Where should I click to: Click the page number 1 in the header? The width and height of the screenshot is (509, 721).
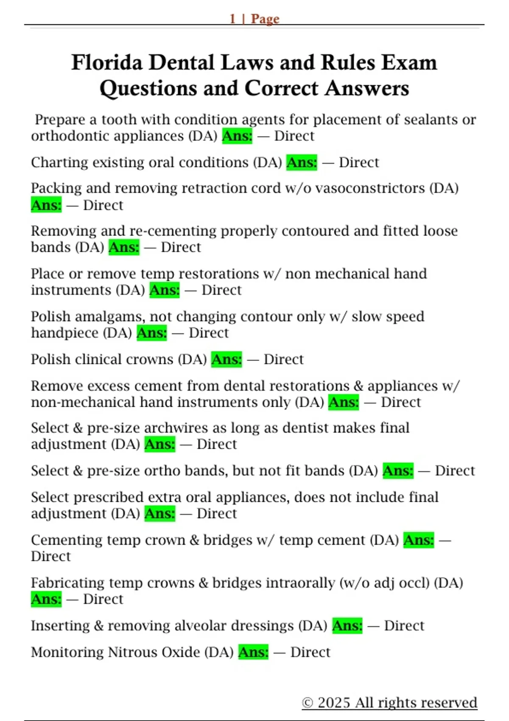pyautogui.click(x=232, y=19)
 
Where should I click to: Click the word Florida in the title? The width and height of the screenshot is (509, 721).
pyautogui.click(x=107, y=63)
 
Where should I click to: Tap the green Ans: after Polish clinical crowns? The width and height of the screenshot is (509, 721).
pyautogui.click(x=227, y=359)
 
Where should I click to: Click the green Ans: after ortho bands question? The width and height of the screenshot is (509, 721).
pyautogui.click(x=398, y=471)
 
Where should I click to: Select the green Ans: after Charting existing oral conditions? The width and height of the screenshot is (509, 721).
pyautogui.click(x=302, y=162)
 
